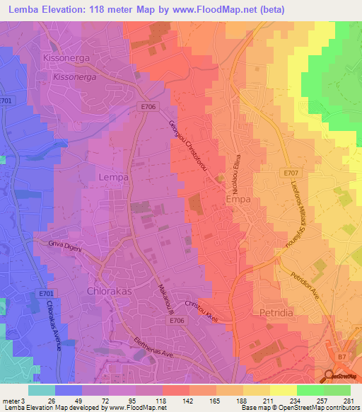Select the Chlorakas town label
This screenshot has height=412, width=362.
pyautogui.click(x=108, y=291)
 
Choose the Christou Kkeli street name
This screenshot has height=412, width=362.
pyautogui.click(x=201, y=311)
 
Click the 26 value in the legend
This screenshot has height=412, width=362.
pyautogui.click(x=52, y=399)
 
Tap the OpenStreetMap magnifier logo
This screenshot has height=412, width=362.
pyautogui.click(x=329, y=377)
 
